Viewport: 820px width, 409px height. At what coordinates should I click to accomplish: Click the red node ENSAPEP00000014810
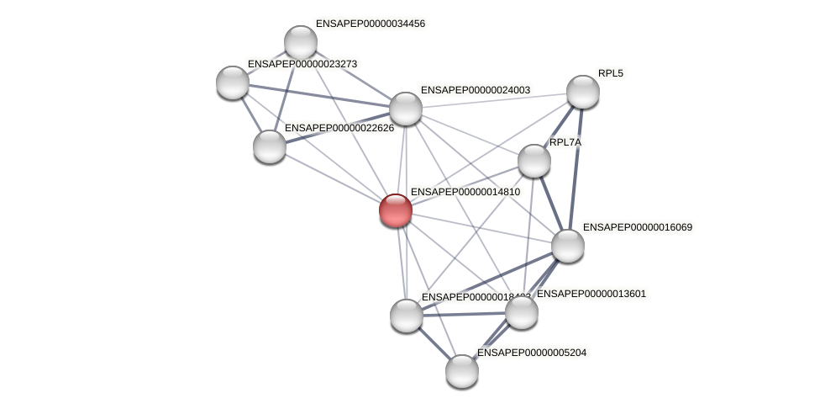coord(395,210)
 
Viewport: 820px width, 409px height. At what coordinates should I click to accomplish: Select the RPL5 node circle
coord(582,92)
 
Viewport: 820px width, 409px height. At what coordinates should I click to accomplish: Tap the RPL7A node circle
coord(534,161)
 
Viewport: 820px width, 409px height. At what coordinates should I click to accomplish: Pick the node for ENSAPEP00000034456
coord(300,42)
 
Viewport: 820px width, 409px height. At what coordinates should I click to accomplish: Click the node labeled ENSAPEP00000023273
coord(232,82)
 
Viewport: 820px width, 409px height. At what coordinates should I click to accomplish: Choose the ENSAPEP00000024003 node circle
coord(405,109)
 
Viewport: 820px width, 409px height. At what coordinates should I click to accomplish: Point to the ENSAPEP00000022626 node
coord(269,146)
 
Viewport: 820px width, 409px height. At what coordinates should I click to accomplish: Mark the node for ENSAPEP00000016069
coord(567,246)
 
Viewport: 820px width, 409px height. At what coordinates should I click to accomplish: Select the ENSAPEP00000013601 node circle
coord(521,312)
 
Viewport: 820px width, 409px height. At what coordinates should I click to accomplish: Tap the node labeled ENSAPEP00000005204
coord(461,370)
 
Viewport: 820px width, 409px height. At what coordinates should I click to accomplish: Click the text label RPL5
coord(610,73)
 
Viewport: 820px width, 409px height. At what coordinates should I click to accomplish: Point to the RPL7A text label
coord(565,142)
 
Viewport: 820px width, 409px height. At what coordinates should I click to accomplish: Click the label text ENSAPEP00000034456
coord(370,24)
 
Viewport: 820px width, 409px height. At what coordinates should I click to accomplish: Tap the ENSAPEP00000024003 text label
coord(475,90)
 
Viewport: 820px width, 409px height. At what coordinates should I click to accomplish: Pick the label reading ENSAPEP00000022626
coord(339,128)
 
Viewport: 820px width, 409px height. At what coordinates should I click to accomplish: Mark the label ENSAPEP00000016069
coord(637,227)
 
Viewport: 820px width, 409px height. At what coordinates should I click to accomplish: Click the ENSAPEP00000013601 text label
coord(591,294)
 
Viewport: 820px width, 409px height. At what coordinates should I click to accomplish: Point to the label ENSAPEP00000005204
coord(531,353)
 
